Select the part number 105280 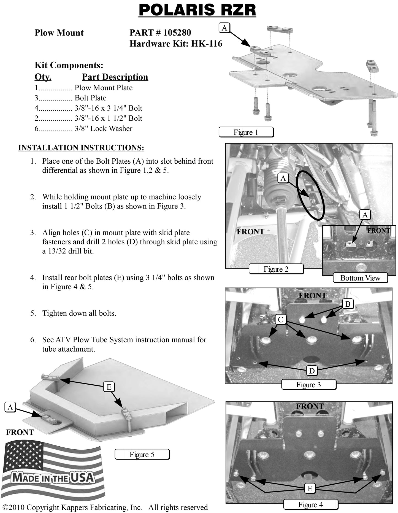point(177,33)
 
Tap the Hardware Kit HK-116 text point(176,44)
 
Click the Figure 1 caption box point(246,132)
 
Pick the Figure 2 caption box point(276,269)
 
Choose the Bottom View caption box point(360,278)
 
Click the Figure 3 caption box point(308,384)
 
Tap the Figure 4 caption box point(310,504)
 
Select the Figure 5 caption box point(142,454)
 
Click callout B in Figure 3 point(348,304)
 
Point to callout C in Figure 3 point(281,320)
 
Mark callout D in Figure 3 point(312,371)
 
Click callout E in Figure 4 point(310,488)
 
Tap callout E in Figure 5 point(109,387)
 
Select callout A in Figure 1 point(224,28)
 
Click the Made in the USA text point(53,477)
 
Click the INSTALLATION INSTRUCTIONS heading point(81,148)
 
